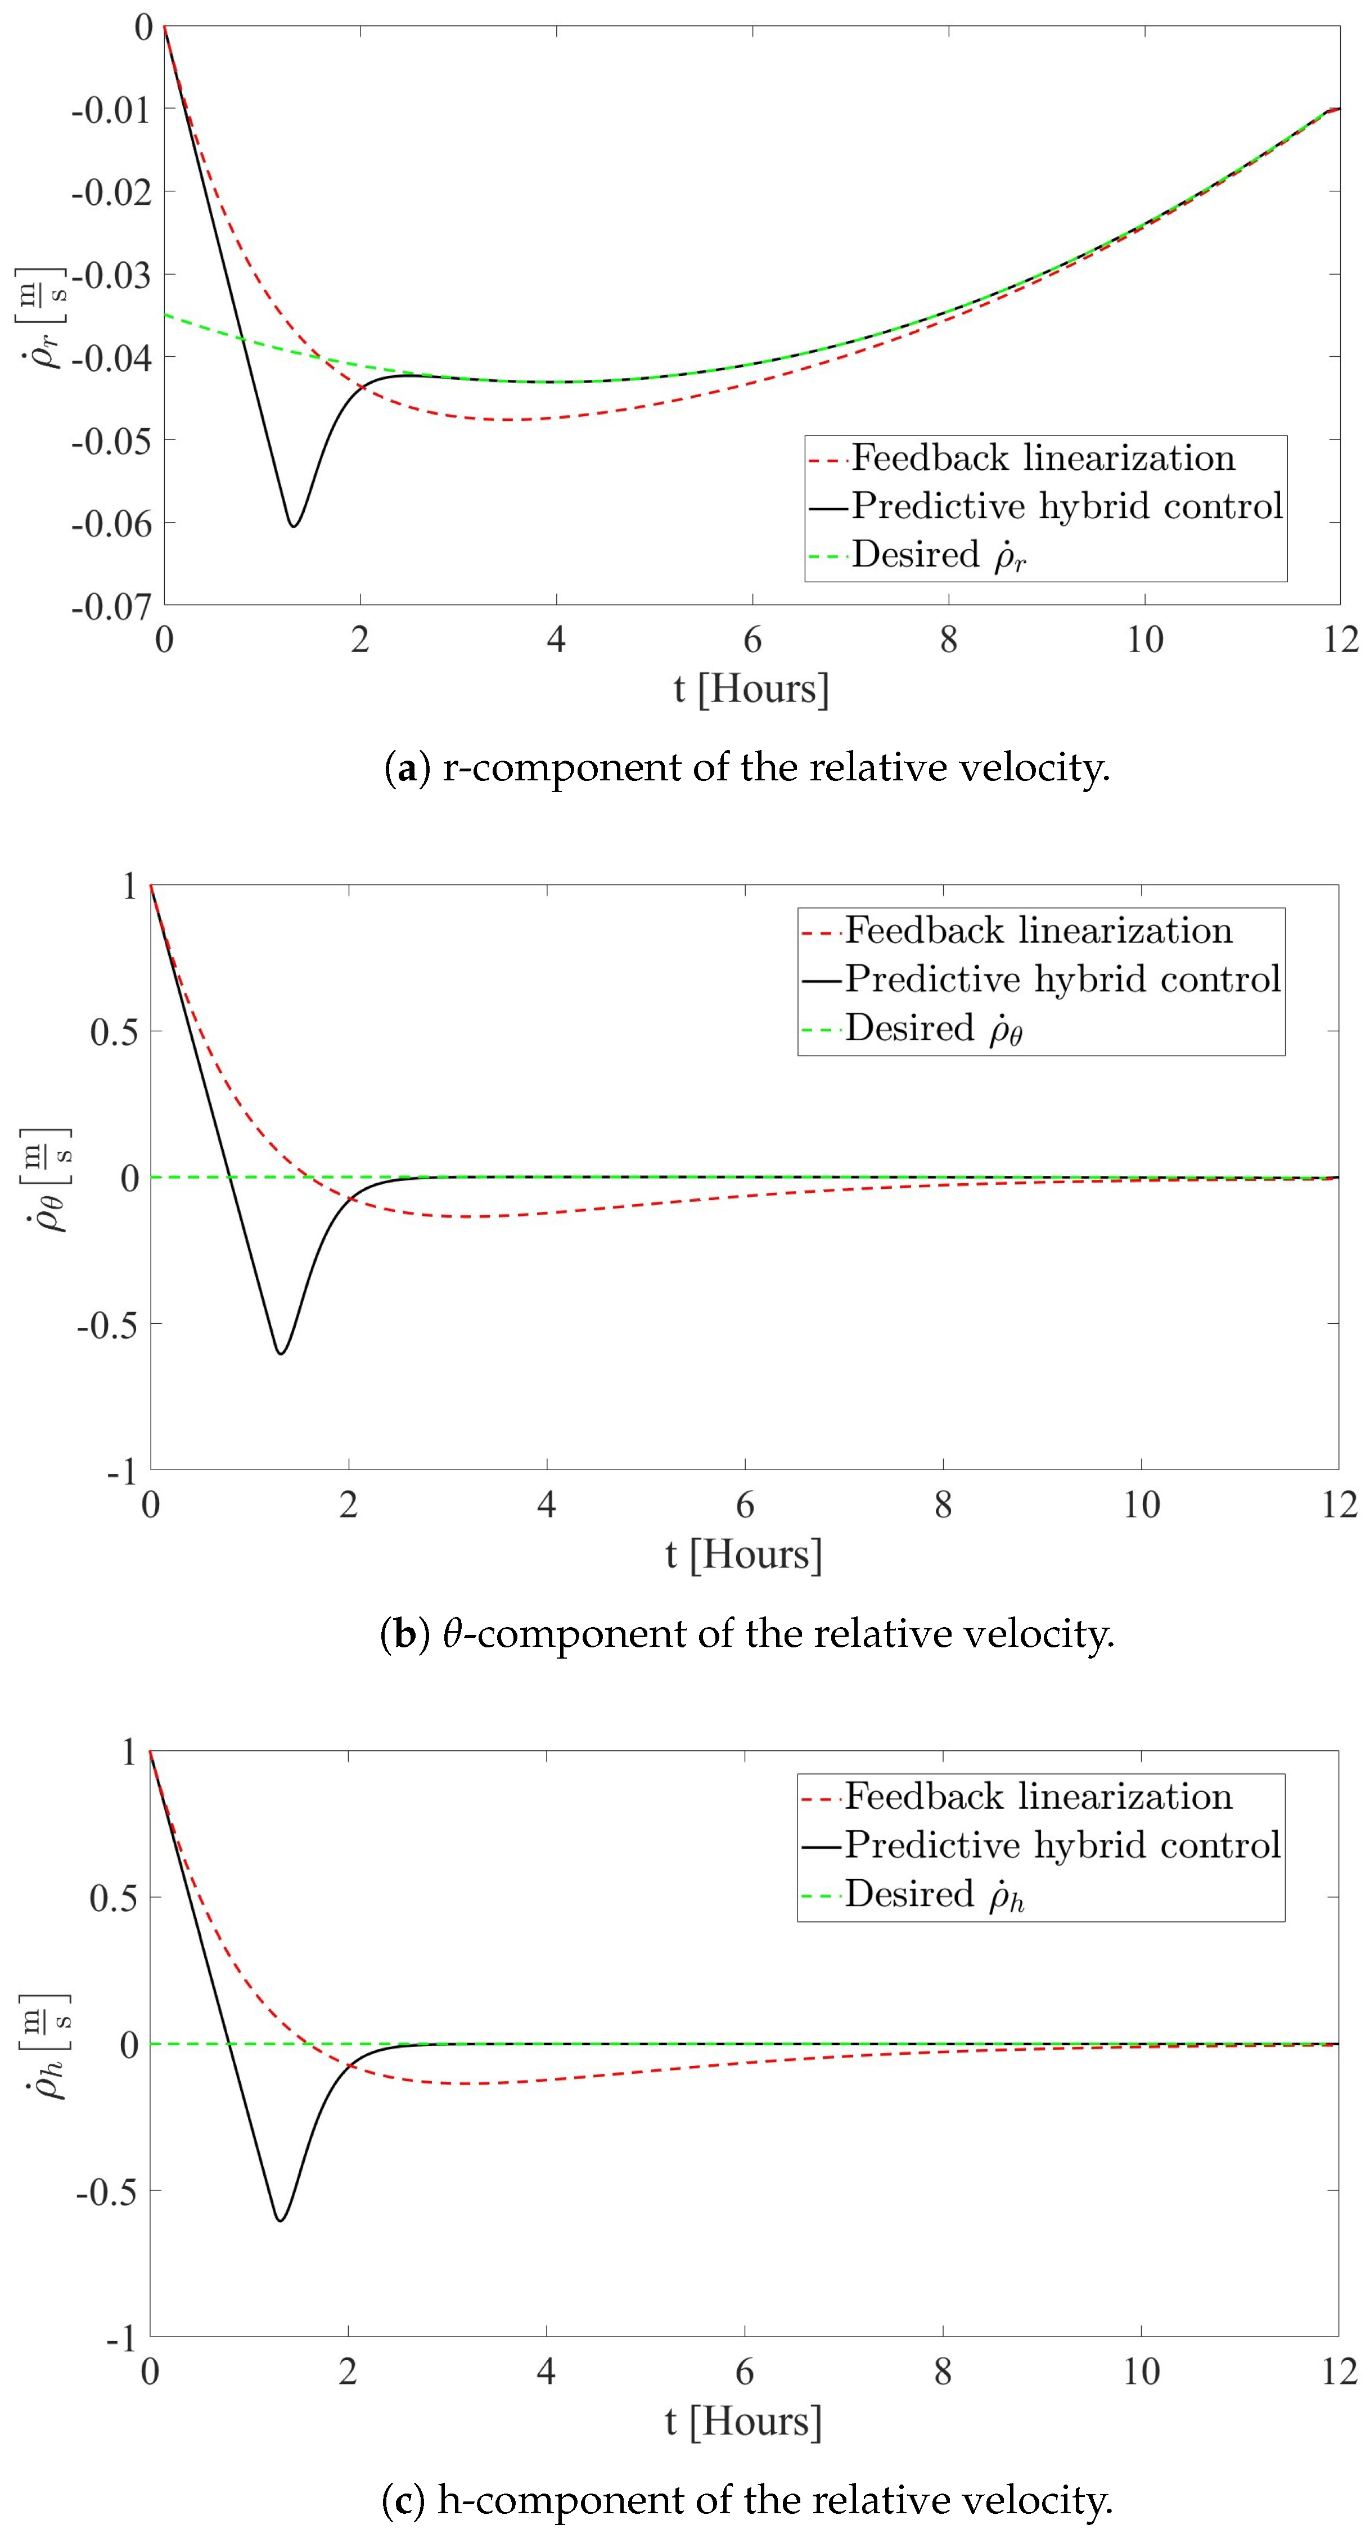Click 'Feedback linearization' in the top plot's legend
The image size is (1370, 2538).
1042,458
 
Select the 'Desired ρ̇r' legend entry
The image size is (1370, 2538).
939,556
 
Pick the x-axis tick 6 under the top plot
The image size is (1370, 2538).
751,640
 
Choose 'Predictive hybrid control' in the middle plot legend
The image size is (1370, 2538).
1062,980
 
